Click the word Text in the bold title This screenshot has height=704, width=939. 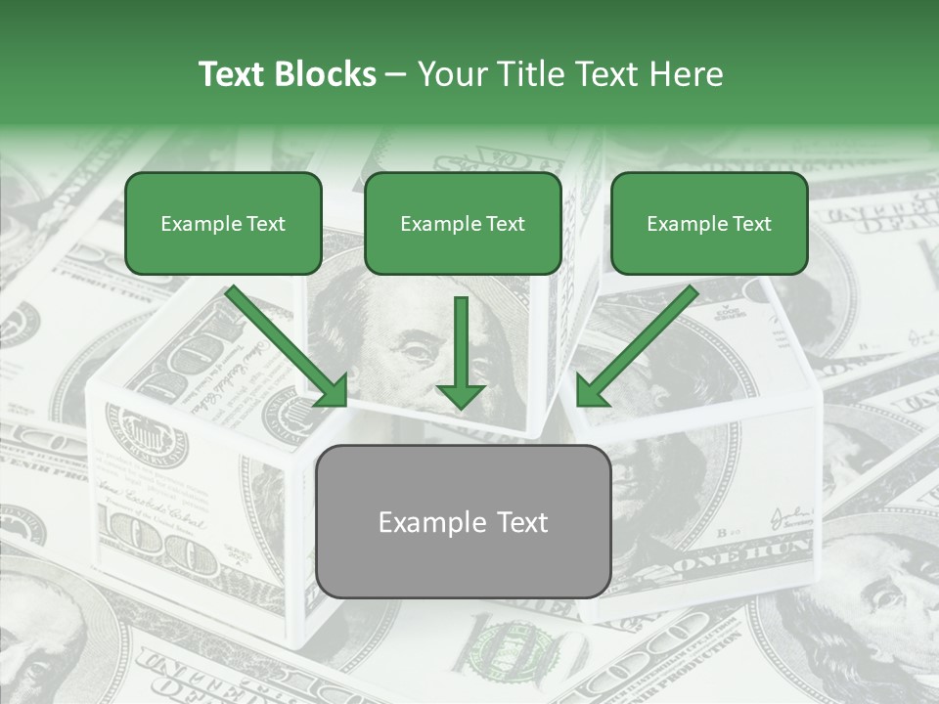coord(231,74)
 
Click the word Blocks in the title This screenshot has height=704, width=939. coord(324,74)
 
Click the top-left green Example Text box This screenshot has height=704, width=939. coord(223,223)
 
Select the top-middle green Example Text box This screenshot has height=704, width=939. coord(463,223)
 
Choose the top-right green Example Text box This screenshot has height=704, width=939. coord(709,223)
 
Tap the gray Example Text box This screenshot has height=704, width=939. coord(463,521)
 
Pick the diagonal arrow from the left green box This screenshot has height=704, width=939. coord(284,344)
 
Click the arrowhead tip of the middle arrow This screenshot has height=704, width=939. coord(461,405)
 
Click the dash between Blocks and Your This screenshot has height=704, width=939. coord(396,75)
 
